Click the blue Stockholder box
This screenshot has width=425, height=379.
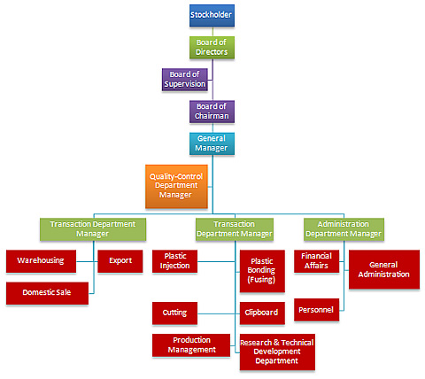(212, 15)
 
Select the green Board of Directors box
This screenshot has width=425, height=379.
(212, 47)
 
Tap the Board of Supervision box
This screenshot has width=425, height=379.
(185, 80)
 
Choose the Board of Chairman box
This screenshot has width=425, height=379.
(212, 112)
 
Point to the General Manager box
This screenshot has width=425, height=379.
(212, 143)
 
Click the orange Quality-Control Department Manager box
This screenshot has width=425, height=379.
(176, 186)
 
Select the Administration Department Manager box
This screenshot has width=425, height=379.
(344, 229)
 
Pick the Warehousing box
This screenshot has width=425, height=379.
(41, 261)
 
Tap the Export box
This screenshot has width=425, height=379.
(120, 261)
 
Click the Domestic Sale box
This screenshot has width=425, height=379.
(47, 293)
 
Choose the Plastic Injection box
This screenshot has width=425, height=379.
(174, 261)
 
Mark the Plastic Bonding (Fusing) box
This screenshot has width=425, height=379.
(262, 271)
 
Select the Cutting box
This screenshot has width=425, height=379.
(174, 313)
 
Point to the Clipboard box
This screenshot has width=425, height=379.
(262, 313)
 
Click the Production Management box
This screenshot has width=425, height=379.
(191, 345)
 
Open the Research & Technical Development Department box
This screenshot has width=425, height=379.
(277, 352)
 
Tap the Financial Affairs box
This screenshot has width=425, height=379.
(316, 261)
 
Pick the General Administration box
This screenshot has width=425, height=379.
(384, 269)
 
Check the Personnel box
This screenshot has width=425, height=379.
(316, 310)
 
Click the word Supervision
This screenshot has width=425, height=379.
(185, 84)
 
